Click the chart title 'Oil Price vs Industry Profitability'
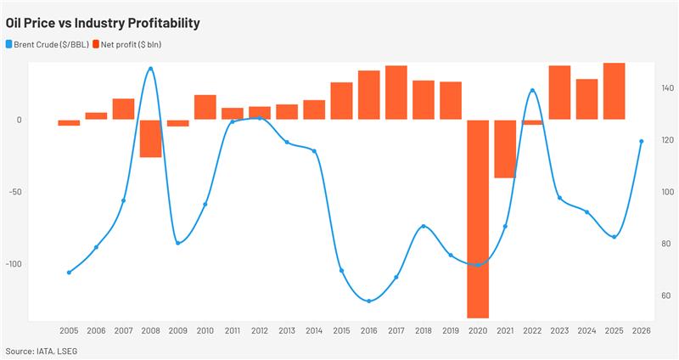click(x=103, y=23)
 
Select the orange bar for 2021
click(x=505, y=149)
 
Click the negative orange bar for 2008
click(x=150, y=138)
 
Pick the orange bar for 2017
click(x=396, y=93)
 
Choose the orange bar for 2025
click(x=614, y=91)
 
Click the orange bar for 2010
click(x=205, y=107)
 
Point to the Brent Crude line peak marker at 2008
click(x=150, y=69)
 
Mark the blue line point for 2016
click(x=368, y=301)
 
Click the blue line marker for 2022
click(x=532, y=90)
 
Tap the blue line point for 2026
click(x=641, y=141)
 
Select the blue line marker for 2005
click(x=69, y=273)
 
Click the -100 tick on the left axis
click(x=14, y=263)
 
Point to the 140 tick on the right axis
click(x=666, y=88)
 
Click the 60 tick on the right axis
click(x=665, y=295)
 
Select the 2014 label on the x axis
click(x=314, y=331)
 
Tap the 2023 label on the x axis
click(x=559, y=331)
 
